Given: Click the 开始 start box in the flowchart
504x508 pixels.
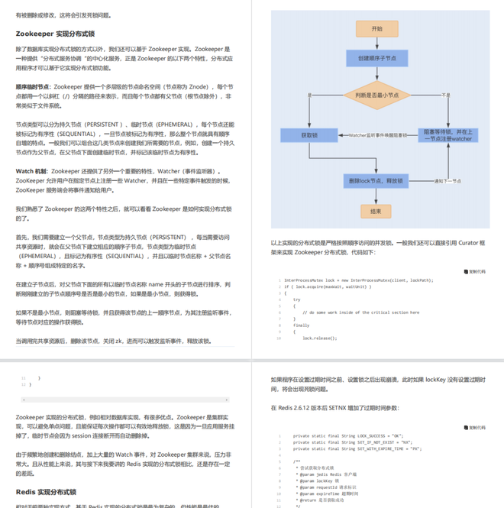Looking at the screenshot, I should click(376, 28).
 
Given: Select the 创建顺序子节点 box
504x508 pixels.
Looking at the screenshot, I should click(376, 58).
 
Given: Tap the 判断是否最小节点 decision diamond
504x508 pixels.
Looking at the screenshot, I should click(376, 95).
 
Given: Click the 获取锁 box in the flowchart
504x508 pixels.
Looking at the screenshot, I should click(309, 134).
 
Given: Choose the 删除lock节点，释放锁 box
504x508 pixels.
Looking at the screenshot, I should click(376, 181).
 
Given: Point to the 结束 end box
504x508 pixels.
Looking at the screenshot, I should click(376, 211).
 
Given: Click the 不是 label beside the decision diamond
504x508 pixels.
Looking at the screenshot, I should click(446, 95).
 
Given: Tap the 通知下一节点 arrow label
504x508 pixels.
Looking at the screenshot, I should click(447, 181).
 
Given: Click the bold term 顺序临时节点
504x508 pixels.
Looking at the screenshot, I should click(33, 87).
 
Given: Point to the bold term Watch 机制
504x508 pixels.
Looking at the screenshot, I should click(31, 171).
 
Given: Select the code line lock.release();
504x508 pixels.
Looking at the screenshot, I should click(319, 337).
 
